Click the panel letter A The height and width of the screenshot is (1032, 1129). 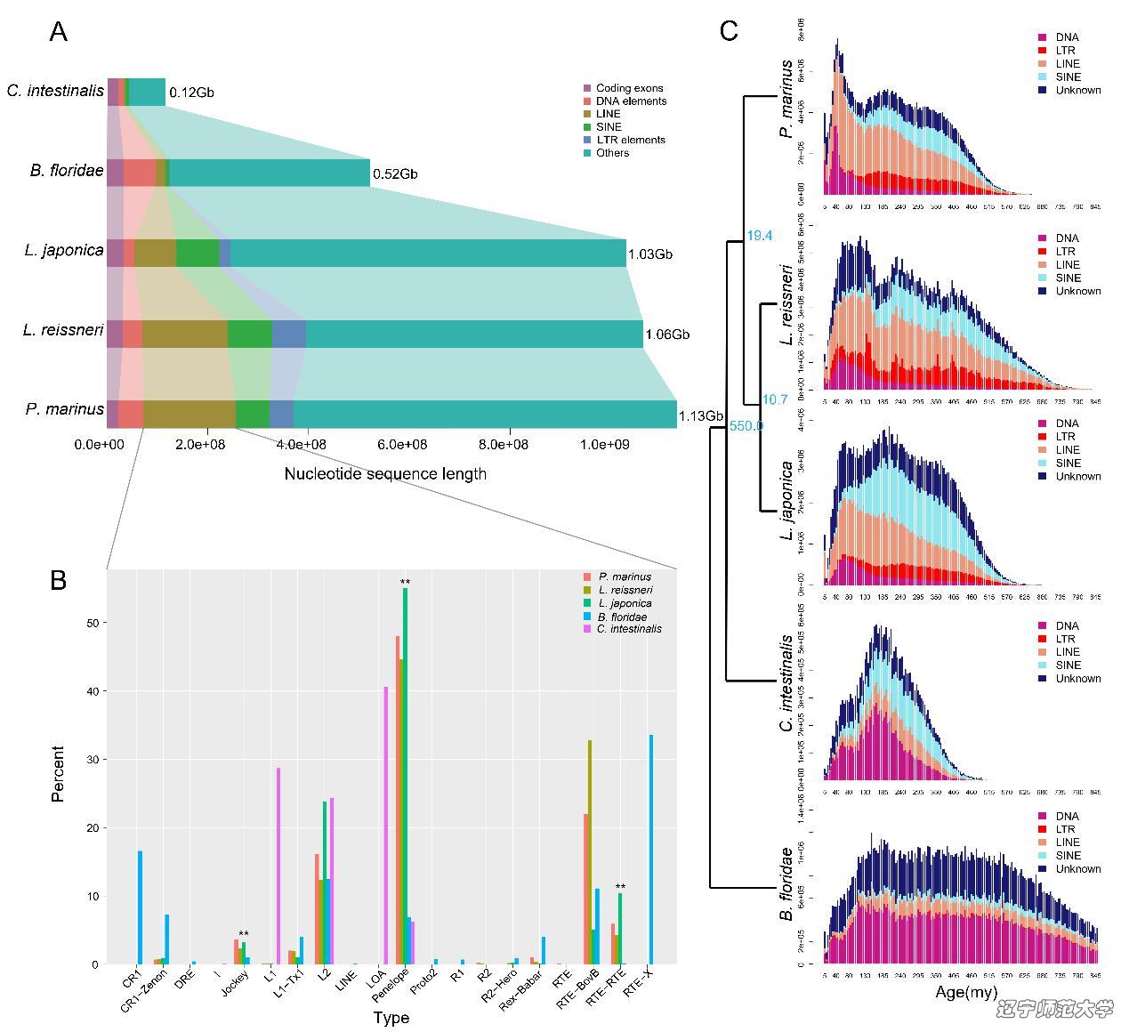59,32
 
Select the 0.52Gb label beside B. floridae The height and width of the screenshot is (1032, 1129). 395,174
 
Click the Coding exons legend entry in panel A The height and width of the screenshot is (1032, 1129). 629,88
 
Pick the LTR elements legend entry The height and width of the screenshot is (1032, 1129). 630,140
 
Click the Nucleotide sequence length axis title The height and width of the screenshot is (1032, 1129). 385,473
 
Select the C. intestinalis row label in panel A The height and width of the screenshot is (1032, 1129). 55,91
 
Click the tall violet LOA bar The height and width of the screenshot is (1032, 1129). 385,825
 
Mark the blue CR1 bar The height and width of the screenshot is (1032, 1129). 140,907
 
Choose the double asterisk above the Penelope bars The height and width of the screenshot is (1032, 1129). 405,583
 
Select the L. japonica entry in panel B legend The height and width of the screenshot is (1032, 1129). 624,603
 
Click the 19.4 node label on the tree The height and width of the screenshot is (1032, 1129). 759,236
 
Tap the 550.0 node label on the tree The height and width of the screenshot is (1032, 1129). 746,426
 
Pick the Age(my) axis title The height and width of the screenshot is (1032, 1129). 966,992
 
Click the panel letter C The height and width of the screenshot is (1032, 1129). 729,32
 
